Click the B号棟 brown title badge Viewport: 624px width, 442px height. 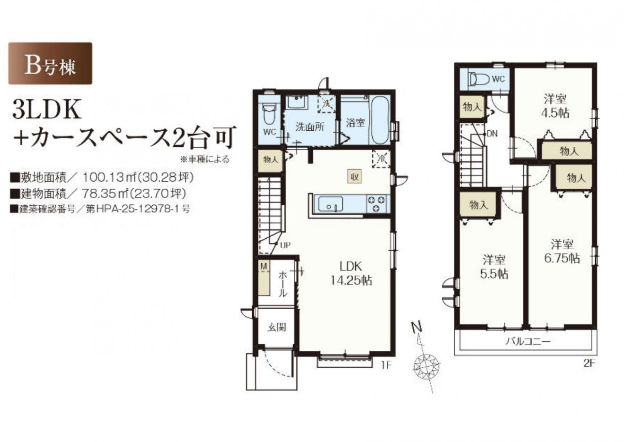[x=50, y=63]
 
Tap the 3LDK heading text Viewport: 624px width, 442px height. [x=47, y=111]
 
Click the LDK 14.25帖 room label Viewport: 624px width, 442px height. [x=351, y=273]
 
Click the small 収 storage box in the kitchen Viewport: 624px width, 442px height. [x=354, y=177]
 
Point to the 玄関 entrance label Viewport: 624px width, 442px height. [x=277, y=327]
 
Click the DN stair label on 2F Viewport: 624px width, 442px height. [x=492, y=134]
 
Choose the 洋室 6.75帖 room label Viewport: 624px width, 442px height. [x=562, y=252]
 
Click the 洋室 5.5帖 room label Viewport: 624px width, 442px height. [x=494, y=267]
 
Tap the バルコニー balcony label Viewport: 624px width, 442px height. [x=528, y=341]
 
